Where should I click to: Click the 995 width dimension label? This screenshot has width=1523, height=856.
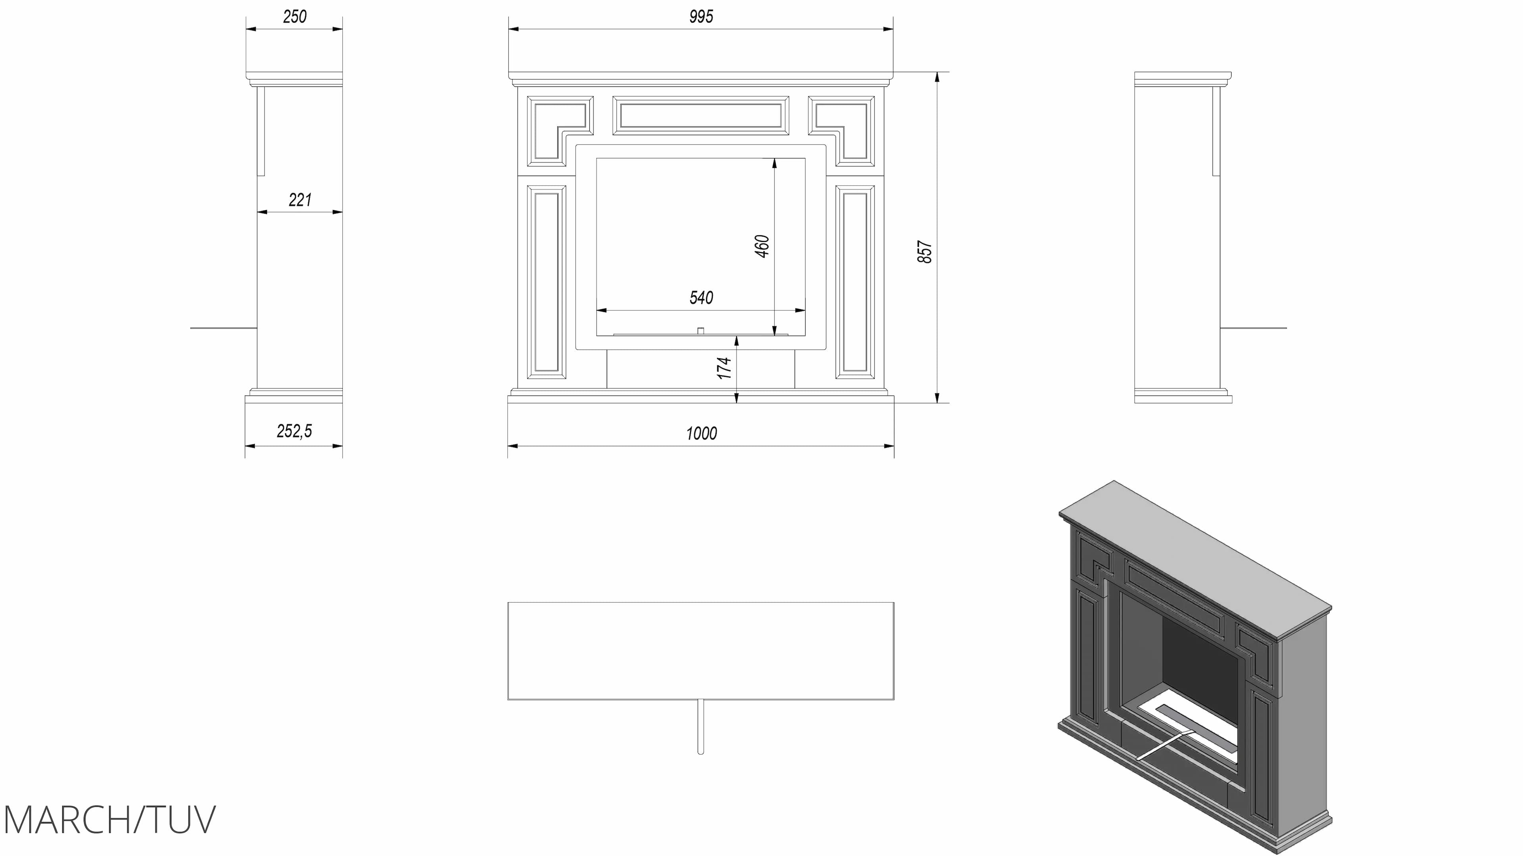[701, 17]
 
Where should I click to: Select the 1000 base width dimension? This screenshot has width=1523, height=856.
[701, 434]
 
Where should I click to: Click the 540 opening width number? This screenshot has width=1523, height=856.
[701, 298]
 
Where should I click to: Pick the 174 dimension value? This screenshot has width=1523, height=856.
[724, 368]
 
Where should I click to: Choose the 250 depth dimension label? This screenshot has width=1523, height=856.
[294, 17]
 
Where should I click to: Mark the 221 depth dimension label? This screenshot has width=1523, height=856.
[300, 200]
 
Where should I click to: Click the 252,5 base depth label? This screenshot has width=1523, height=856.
[294, 431]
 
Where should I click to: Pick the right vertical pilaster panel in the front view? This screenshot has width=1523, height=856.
[855, 282]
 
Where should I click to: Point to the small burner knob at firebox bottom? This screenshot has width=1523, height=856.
[700, 331]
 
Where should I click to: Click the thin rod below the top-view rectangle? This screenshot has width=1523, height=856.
[700, 727]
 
